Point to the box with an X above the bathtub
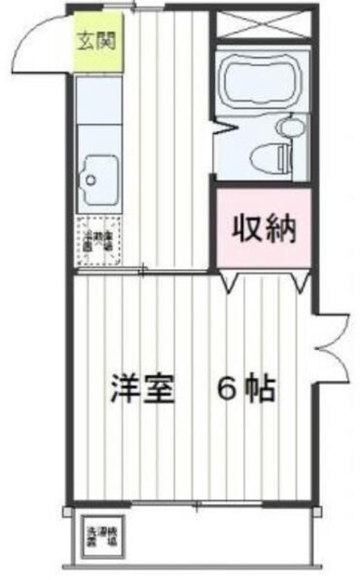point(263,24)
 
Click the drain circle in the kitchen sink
point(91,178)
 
